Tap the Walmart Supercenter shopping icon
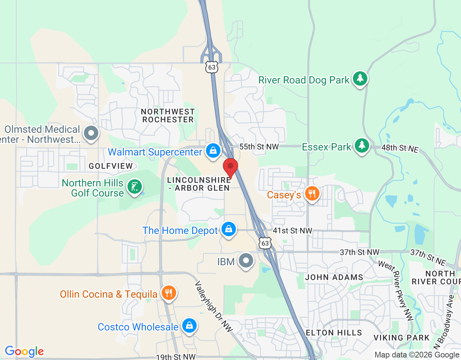coord(213,151)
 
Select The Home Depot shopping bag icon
coord(228,229)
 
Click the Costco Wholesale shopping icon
coord(189,325)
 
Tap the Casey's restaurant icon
coord(312,194)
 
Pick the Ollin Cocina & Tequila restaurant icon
coord(169,293)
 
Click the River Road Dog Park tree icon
coord(360,78)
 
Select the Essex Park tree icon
coord(362,145)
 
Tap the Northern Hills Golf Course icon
coord(135,187)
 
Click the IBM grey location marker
coord(246,260)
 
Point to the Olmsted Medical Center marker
coord(91,133)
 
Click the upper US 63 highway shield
coord(212,67)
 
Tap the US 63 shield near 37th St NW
coord(265,243)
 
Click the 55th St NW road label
coord(259,147)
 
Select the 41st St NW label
coord(292,231)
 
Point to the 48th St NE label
coord(400,148)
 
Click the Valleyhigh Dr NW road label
coord(214,306)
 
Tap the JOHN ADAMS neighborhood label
coord(334,277)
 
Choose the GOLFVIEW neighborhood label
coord(111,166)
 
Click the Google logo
coord(24,351)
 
